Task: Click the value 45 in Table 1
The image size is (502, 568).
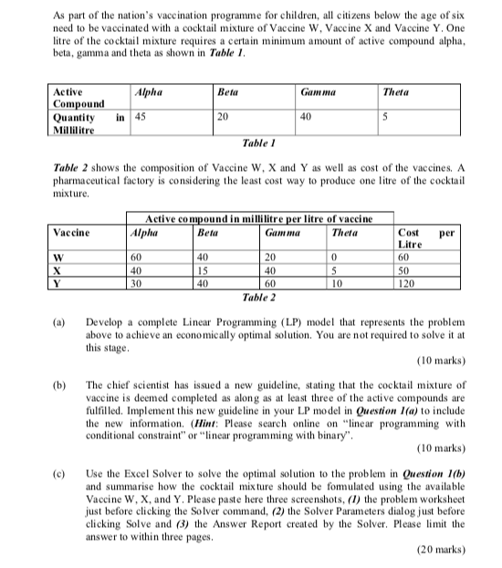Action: click(x=140, y=117)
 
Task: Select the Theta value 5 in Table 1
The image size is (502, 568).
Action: click(x=387, y=117)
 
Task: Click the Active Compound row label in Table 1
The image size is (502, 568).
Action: click(x=78, y=98)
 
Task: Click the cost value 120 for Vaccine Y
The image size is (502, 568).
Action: click(x=408, y=284)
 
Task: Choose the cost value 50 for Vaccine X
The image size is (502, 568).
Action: click(x=405, y=271)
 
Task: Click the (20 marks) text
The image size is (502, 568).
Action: click(x=441, y=551)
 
